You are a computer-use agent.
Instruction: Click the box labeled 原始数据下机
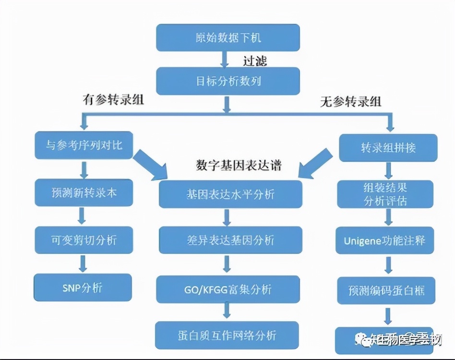pyautogui.click(x=228, y=37)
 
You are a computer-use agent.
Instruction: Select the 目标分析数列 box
pyautogui.click(x=228, y=81)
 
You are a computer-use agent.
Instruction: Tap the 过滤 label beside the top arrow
pyautogui.click(x=254, y=60)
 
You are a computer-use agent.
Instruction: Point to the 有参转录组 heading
pyautogui.click(x=113, y=100)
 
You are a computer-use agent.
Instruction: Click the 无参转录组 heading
pyautogui.click(x=351, y=101)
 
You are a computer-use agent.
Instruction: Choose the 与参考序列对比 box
pyautogui.click(x=84, y=145)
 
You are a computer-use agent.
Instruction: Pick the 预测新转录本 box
pyautogui.click(x=84, y=192)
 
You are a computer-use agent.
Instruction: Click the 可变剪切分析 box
pyautogui.click(x=84, y=240)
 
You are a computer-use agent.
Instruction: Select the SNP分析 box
pyautogui.click(x=83, y=287)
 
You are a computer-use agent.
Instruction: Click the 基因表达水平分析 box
pyautogui.click(x=230, y=194)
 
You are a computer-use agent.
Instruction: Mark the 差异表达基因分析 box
pyautogui.click(x=230, y=240)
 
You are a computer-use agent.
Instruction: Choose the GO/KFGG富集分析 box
pyautogui.click(x=227, y=289)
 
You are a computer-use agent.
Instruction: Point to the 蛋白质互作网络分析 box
pyautogui.click(x=227, y=335)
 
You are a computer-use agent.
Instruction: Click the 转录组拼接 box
pyautogui.click(x=388, y=148)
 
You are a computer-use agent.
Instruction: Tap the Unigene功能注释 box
pyautogui.click(x=384, y=240)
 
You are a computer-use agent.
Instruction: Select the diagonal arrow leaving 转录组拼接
pyautogui.click(x=317, y=160)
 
